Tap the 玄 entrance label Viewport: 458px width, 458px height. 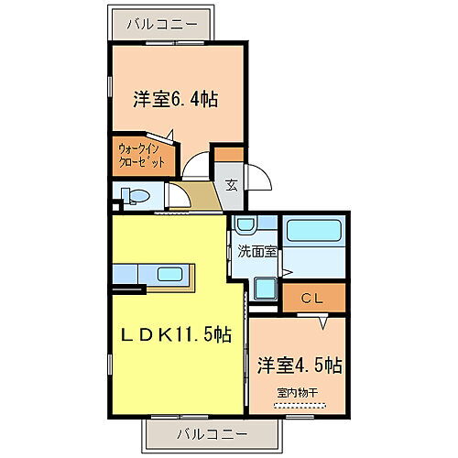(232, 184)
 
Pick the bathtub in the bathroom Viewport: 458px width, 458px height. (313, 243)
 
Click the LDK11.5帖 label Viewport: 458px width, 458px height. (177, 336)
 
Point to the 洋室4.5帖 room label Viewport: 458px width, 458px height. (299, 365)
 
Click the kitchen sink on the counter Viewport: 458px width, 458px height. (169, 274)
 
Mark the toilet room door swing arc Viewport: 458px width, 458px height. (173, 197)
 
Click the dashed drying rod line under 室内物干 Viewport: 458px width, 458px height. (299, 404)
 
